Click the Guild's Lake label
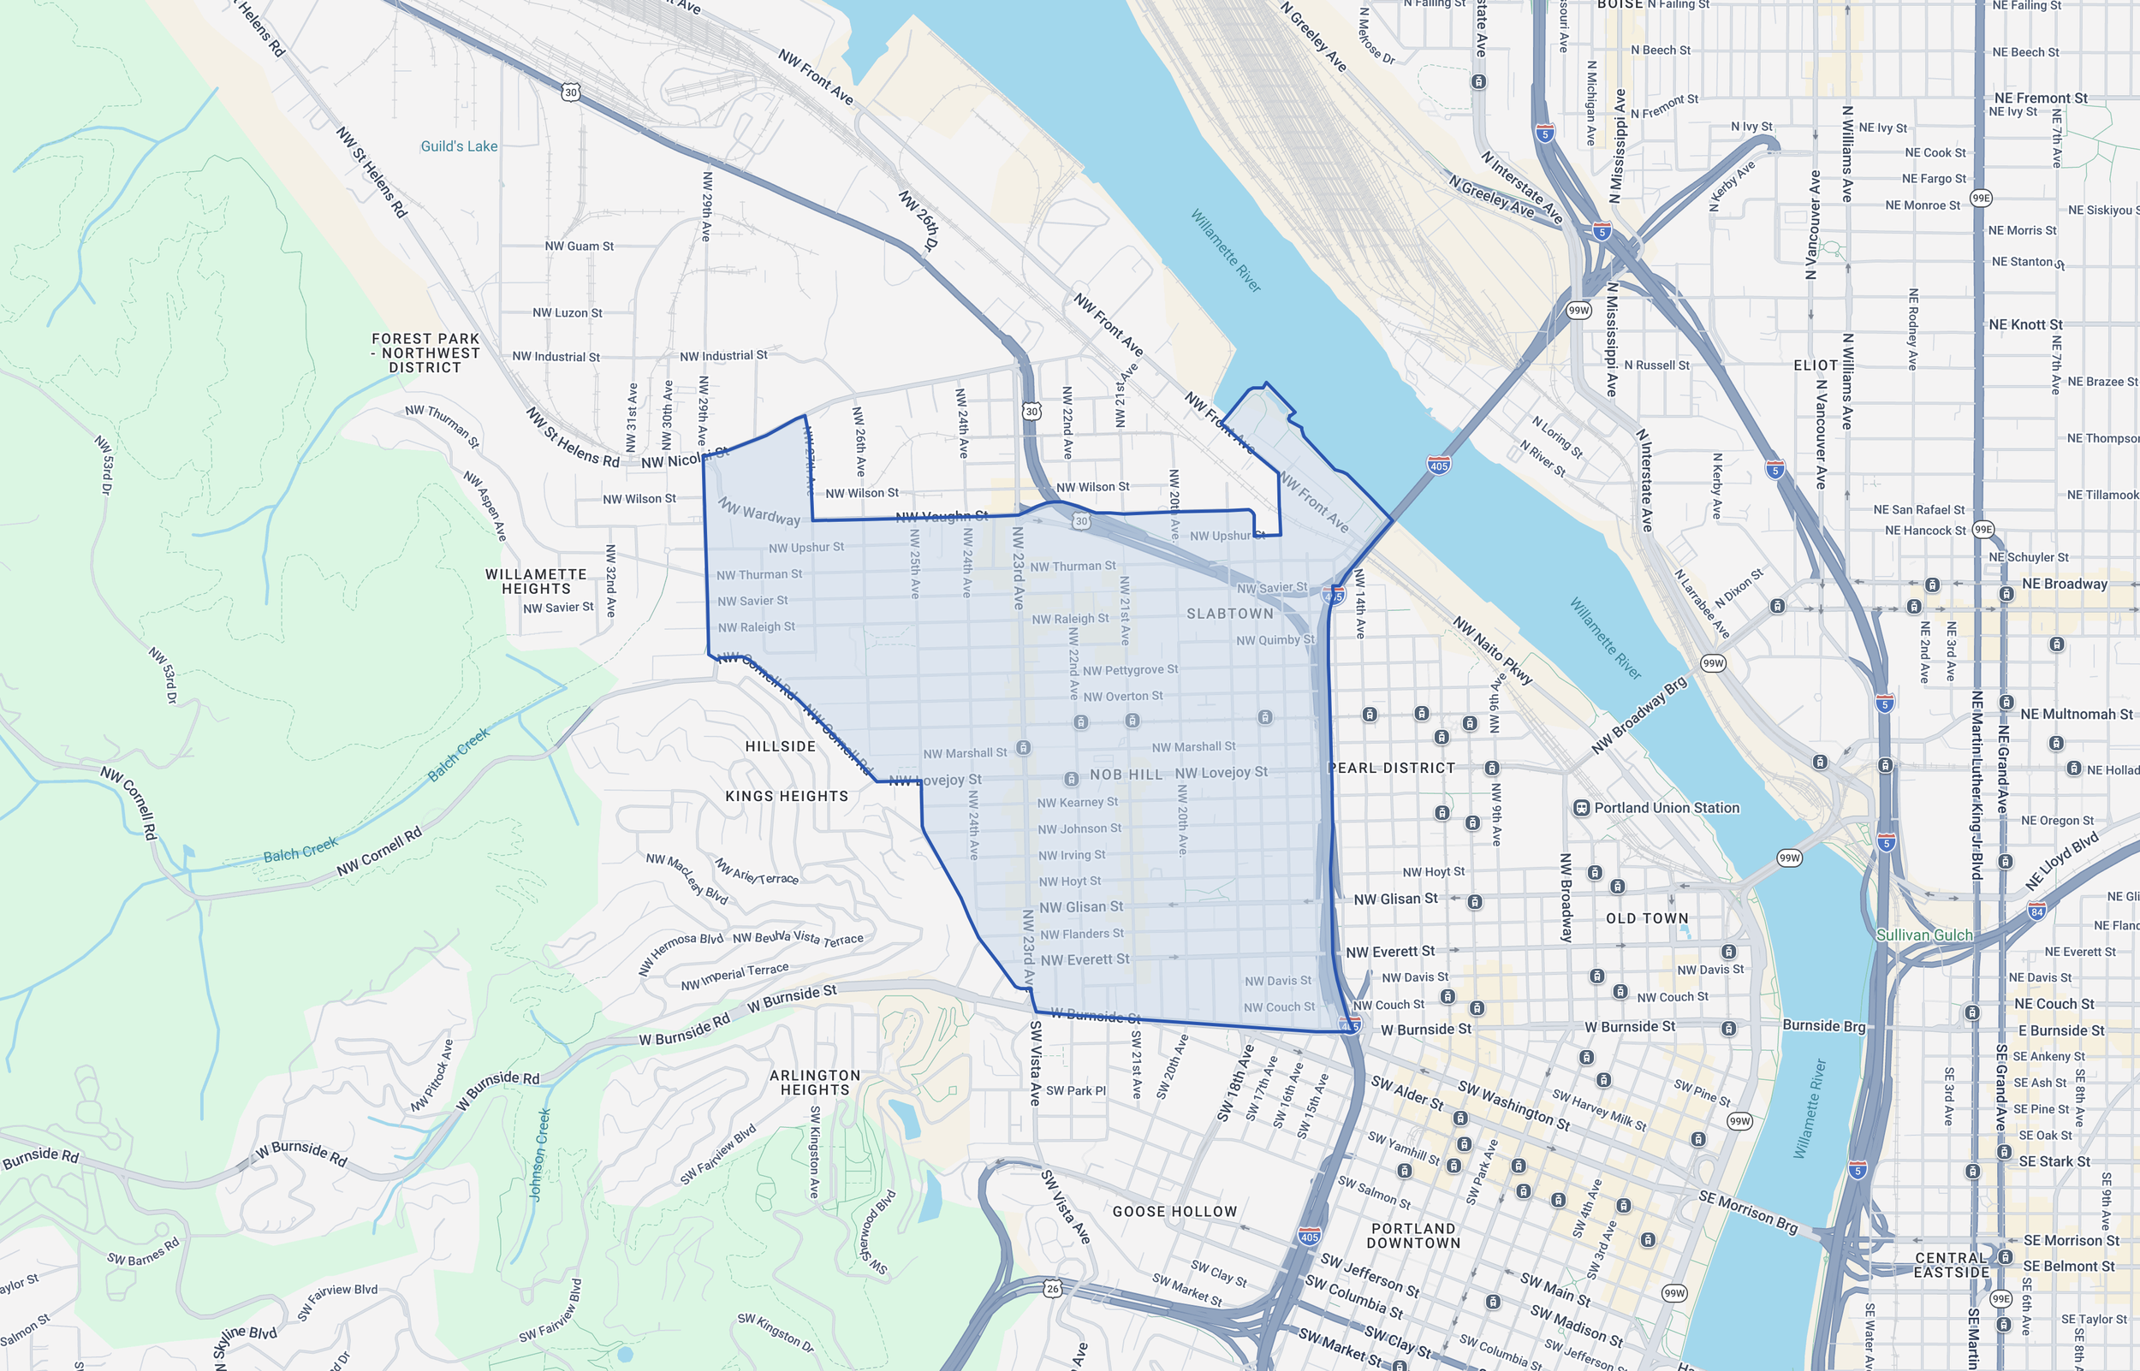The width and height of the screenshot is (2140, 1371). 459,146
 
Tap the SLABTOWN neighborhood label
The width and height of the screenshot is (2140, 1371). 1229,614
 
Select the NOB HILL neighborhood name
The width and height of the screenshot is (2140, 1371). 1126,775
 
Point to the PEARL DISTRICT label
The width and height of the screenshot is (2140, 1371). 1390,768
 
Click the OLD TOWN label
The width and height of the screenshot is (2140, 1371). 1647,918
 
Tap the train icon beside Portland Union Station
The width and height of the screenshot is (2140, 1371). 1581,809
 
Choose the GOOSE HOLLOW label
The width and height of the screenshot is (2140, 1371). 1174,1212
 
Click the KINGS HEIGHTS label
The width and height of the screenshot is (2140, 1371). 786,796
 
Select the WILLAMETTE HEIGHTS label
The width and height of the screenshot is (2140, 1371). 535,581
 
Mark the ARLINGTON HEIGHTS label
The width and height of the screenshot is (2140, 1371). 815,1083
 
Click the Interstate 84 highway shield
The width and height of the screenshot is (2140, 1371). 2036,911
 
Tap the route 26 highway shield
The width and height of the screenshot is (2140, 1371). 1053,1288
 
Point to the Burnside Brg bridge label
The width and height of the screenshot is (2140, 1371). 1823,1025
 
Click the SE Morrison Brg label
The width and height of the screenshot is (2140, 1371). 1747,1212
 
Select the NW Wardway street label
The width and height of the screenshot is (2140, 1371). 758,511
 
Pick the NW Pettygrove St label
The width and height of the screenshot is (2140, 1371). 1130,669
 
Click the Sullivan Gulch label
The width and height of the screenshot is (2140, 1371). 1923,935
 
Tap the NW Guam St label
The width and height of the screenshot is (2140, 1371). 579,246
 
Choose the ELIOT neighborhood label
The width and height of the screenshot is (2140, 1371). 1815,365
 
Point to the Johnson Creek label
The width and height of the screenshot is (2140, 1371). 540,1154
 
